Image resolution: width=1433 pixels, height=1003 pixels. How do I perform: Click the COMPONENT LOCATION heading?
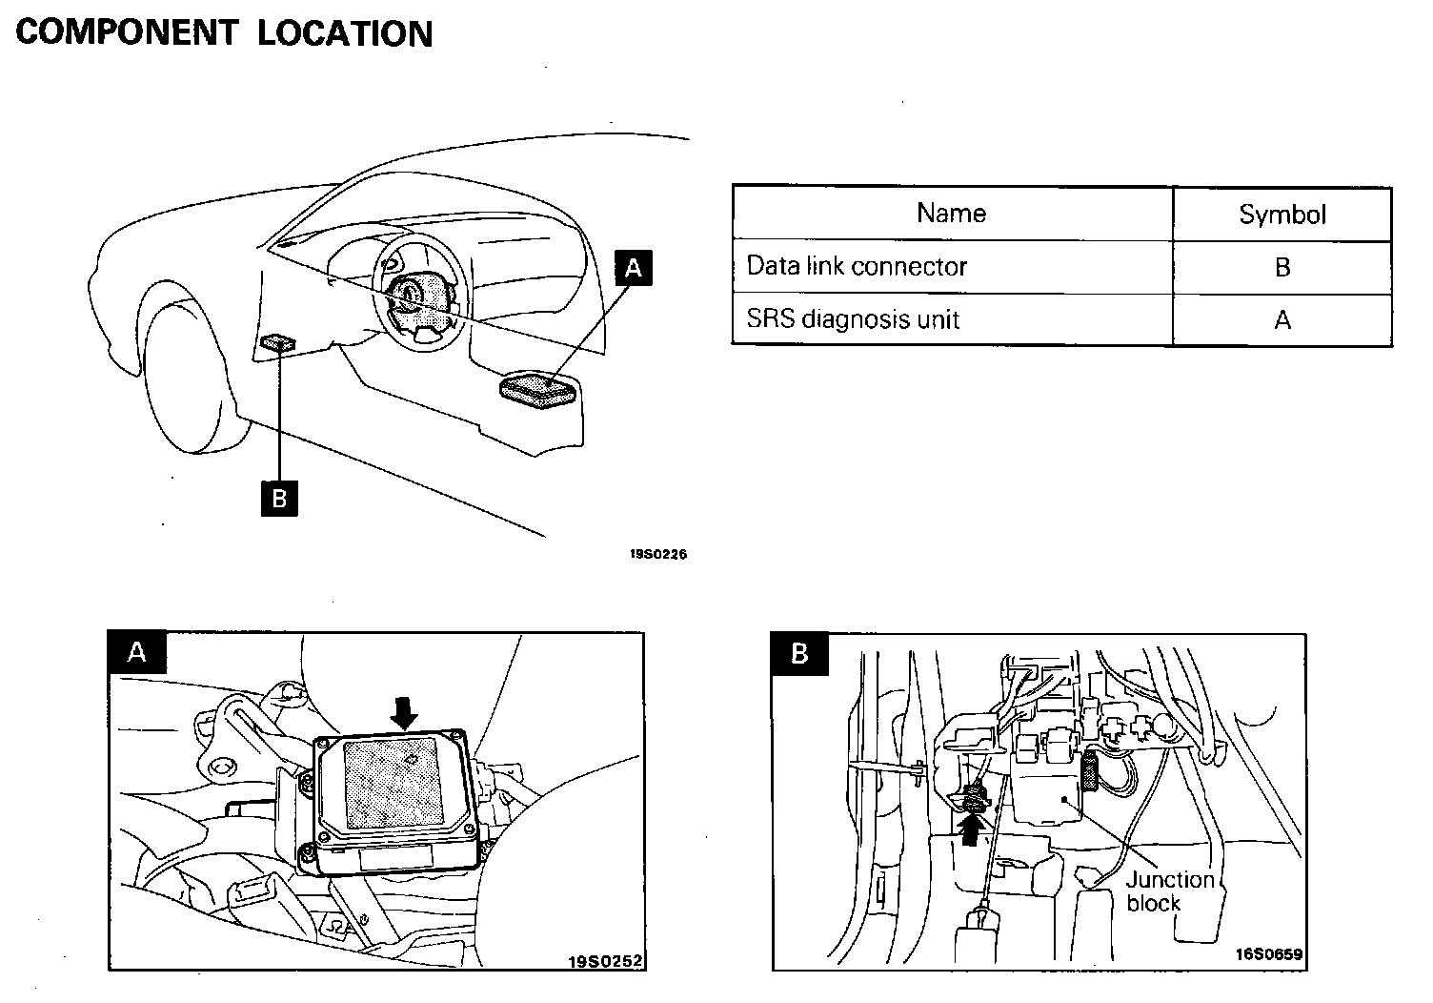[225, 32]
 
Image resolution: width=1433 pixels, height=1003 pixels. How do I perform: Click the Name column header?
[951, 213]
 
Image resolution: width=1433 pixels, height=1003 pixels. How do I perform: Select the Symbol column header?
[1282, 215]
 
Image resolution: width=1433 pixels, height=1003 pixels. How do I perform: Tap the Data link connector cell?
[856, 266]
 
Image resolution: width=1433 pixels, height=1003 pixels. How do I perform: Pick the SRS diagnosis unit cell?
[852, 318]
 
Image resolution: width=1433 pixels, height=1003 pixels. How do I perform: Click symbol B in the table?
[1282, 267]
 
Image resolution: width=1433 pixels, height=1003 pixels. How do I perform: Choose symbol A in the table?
[1282, 319]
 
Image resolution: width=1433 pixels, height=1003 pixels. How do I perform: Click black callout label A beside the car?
[634, 268]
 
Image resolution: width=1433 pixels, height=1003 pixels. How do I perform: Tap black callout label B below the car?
[279, 498]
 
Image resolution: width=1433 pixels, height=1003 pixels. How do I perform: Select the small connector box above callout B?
[278, 341]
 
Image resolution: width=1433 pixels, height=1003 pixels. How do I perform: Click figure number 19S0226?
[657, 554]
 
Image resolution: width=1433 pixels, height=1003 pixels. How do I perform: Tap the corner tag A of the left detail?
[137, 652]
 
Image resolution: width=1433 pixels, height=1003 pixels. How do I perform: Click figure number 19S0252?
[606, 961]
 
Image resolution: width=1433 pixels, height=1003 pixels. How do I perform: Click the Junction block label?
[1168, 891]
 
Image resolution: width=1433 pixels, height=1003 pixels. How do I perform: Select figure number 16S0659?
[1269, 953]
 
